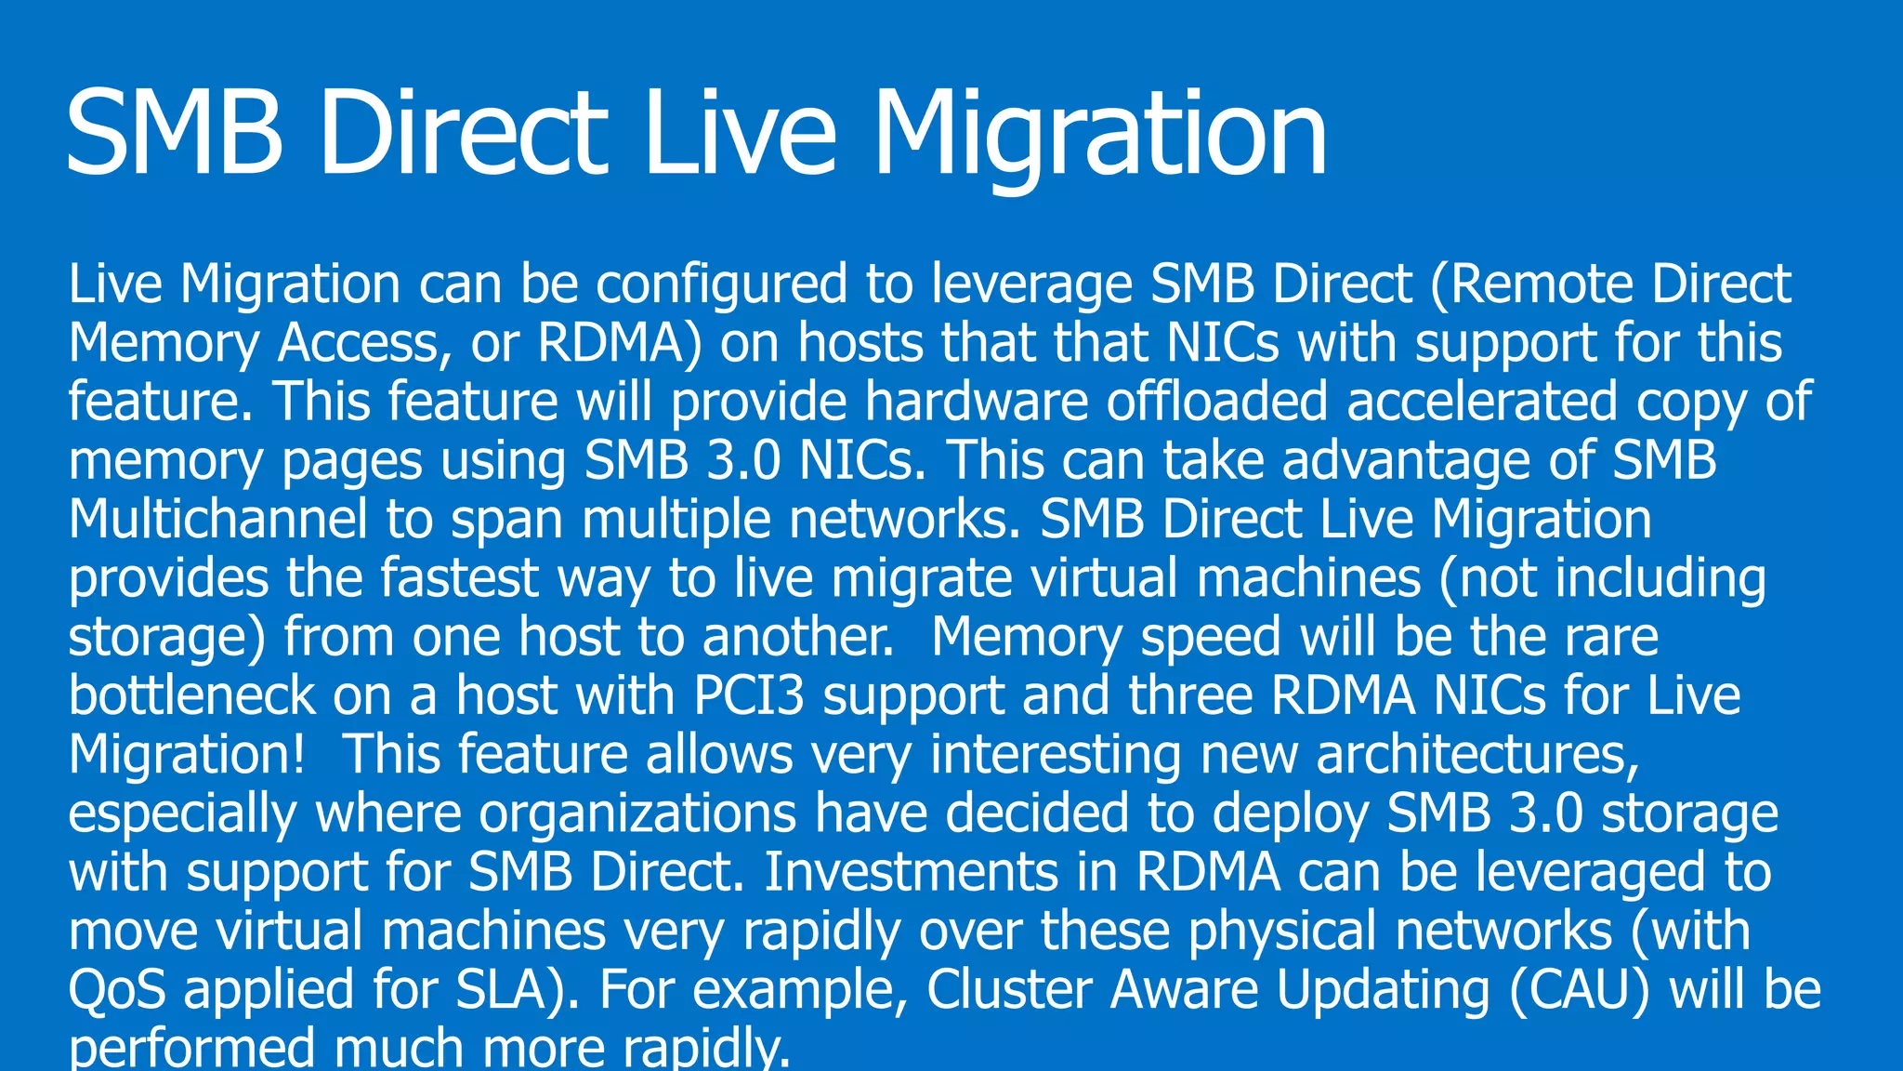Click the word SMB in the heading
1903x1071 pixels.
tap(175, 132)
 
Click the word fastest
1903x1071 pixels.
tap(459, 577)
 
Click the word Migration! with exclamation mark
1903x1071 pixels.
tap(187, 754)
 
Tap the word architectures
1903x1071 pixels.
tap(1477, 754)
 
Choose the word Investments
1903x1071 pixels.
tap(911, 872)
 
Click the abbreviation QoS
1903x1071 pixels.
tap(117, 989)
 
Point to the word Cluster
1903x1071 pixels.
tap(1009, 989)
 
